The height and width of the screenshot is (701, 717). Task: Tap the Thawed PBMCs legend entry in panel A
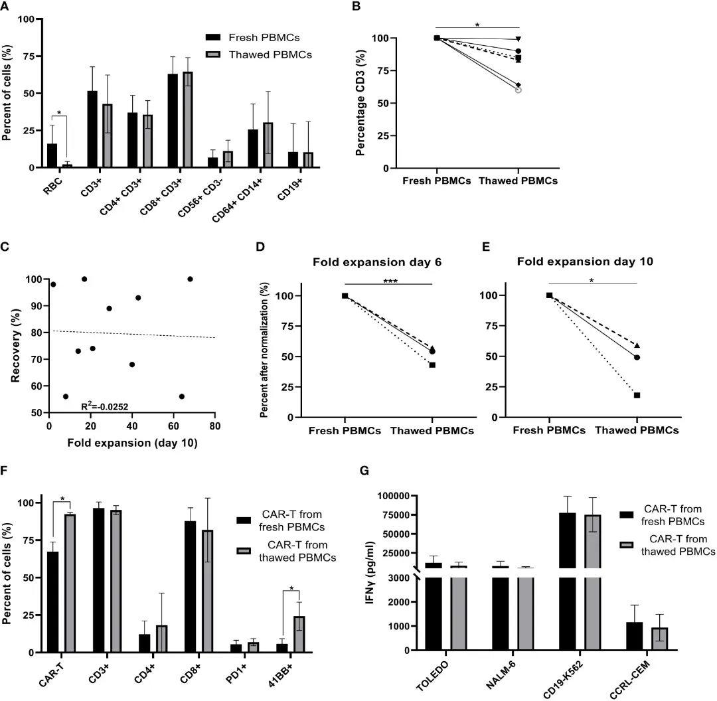(272, 56)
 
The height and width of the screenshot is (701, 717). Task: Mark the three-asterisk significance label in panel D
(389, 282)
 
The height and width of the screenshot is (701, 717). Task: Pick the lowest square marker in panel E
(637, 395)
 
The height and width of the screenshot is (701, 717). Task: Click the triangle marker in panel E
(637, 345)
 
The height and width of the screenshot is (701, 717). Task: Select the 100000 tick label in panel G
(399, 496)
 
